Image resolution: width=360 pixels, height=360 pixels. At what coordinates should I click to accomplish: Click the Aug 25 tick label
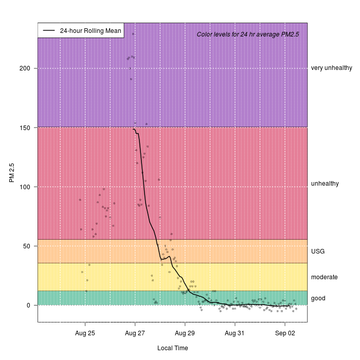(x=85, y=333)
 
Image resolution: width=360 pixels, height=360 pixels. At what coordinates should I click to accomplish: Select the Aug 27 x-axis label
(x=135, y=333)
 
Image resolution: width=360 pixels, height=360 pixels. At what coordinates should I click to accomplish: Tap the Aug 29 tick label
(x=185, y=333)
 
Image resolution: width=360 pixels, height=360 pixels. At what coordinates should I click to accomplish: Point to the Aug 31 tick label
(x=235, y=333)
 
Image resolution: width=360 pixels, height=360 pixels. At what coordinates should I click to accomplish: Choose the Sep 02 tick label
(x=285, y=333)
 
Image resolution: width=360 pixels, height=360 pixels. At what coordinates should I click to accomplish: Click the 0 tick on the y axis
(x=28, y=305)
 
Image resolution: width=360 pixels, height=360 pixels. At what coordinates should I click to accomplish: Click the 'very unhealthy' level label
(x=332, y=68)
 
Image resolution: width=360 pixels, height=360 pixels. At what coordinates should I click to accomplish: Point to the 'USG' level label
(x=318, y=251)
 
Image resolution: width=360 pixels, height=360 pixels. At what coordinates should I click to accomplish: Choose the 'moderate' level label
(x=325, y=277)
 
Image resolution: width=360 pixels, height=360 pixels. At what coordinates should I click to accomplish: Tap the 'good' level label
(x=318, y=298)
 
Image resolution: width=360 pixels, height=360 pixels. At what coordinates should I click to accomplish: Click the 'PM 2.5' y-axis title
(x=11, y=172)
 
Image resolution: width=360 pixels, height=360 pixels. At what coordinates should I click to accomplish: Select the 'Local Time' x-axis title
(x=172, y=348)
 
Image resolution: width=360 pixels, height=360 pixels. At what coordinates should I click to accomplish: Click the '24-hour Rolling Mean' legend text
(x=91, y=30)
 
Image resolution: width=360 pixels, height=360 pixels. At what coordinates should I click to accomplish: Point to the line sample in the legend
(x=49, y=30)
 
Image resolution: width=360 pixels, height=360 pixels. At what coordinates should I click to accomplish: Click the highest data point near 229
(x=133, y=34)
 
